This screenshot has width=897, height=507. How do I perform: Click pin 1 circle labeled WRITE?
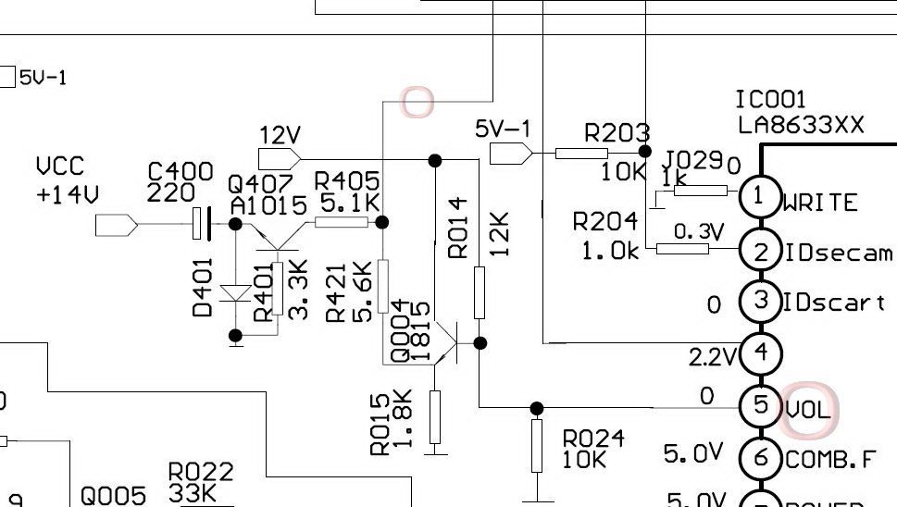[760, 195]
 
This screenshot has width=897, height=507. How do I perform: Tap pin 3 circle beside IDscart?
[760, 301]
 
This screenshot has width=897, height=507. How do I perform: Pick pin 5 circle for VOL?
[760, 405]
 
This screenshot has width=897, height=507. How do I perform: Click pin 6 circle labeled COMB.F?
[760, 456]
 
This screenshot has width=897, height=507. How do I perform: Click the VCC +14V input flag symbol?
[117, 224]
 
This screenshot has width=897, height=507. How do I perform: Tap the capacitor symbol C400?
[201, 223]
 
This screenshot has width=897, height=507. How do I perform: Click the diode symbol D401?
[236, 293]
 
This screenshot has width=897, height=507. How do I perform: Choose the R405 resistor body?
[341, 222]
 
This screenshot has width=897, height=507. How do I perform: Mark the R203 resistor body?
[581, 153]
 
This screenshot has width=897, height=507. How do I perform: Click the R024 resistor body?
[537, 446]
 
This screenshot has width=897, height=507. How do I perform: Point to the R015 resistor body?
[435, 417]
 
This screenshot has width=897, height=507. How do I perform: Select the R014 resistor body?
[480, 292]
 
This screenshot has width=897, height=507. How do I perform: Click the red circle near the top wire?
[417, 102]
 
